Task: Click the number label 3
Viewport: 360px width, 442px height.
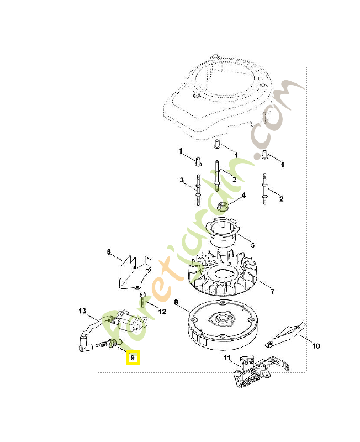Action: pos(181,180)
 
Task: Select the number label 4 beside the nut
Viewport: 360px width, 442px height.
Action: pos(243,195)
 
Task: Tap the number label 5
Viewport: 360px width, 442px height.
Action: pos(252,245)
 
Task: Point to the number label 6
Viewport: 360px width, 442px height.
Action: pos(109,252)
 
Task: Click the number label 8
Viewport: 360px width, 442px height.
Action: pos(176,302)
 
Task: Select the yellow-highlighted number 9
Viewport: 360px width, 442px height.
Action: pos(133,358)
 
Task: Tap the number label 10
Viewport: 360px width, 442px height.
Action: pos(316,346)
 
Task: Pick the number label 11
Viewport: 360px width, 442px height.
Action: pos(226,359)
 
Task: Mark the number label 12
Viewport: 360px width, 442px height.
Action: pos(162,312)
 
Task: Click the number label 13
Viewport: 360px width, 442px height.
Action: pos(82,311)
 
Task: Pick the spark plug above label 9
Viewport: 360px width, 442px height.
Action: pos(109,345)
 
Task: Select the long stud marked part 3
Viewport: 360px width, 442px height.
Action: pos(197,188)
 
